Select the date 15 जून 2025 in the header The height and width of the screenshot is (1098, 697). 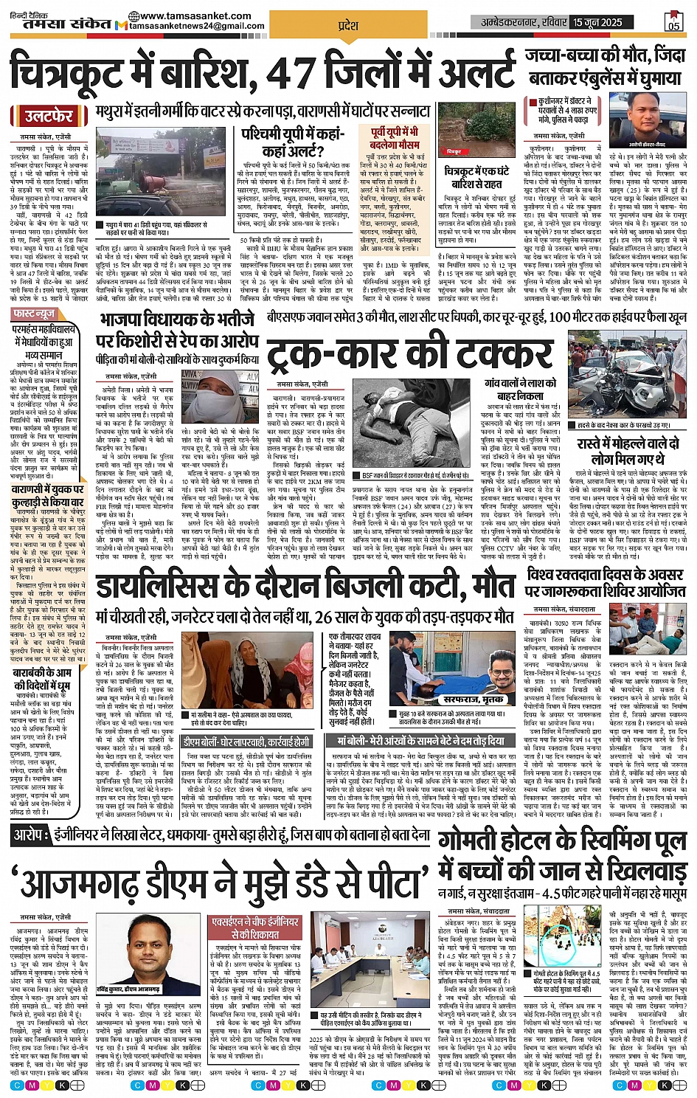597,22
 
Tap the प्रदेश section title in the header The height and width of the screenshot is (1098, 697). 347,26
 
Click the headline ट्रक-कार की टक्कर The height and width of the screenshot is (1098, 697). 409,356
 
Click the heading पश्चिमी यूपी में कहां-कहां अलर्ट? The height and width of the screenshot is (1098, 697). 294,141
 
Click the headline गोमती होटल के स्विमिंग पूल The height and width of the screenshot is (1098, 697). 562,841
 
